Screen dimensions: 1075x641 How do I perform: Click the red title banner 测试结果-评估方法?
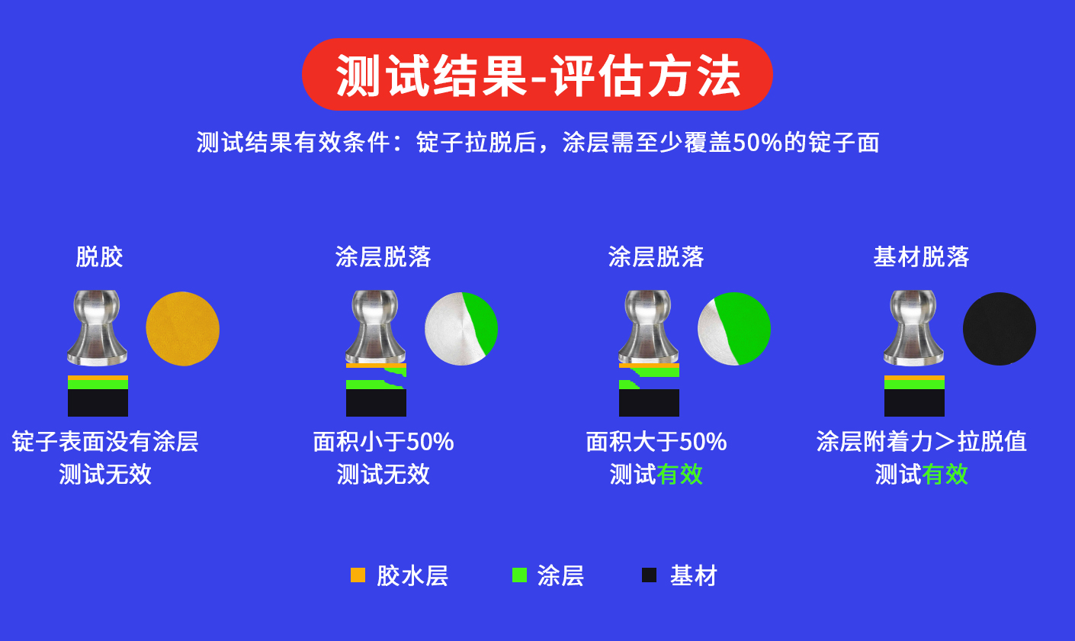[537, 75]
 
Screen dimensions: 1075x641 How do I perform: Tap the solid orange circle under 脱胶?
[182, 329]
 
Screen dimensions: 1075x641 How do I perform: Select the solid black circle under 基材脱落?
[1000, 329]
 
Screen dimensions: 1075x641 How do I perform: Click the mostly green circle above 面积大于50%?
[733, 329]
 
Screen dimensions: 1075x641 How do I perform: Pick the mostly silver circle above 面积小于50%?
[460, 329]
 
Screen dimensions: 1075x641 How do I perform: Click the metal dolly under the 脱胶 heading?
[97, 327]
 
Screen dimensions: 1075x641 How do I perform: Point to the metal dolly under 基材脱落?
[913, 327]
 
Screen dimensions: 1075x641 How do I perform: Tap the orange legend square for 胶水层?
[358, 575]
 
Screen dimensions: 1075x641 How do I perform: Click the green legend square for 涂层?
[519, 575]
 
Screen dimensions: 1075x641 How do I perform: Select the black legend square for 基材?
[649, 575]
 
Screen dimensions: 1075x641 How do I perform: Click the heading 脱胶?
[99, 256]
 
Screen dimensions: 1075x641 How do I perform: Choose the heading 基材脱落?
[921, 256]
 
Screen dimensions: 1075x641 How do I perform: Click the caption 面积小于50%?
[383, 442]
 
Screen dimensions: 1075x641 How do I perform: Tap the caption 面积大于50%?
[656, 442]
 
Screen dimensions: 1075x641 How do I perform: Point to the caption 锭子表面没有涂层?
[104, 442]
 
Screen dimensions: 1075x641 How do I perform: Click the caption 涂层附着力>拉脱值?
[922, 442]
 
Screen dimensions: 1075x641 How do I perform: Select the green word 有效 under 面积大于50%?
[679, 474]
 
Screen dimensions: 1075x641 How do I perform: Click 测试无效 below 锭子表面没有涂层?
[105, 474]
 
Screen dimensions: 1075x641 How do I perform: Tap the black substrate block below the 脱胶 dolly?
[98, 403]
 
